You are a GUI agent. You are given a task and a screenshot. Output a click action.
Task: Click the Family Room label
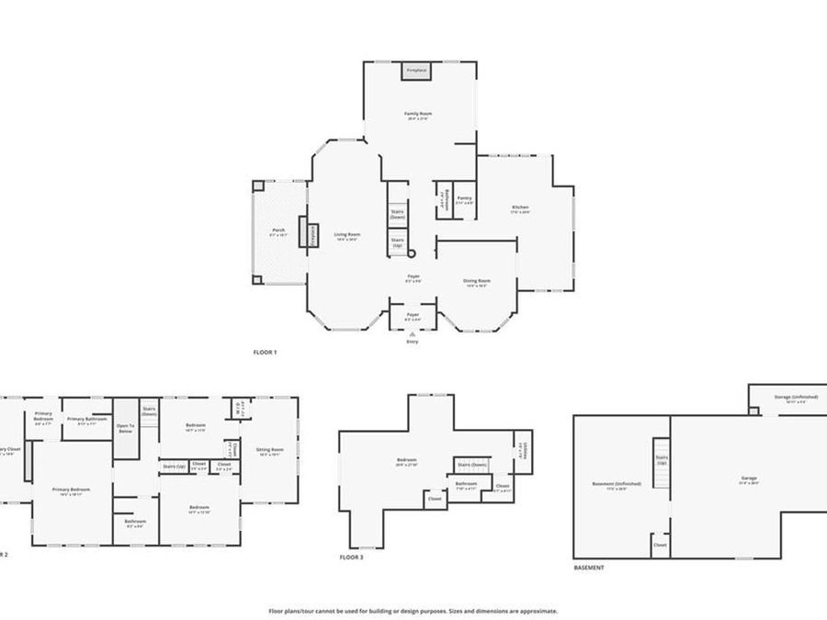[419, 114]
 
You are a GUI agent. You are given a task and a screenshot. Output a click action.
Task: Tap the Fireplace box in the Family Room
[416, 70]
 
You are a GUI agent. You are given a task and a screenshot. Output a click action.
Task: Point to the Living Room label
[346, 234]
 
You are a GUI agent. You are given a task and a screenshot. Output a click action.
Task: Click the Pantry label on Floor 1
[465, 198]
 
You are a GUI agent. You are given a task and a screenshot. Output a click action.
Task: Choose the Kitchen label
[520, 208]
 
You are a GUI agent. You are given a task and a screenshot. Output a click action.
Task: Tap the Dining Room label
[476, 281]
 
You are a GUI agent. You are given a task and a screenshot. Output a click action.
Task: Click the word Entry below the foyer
[412, 343]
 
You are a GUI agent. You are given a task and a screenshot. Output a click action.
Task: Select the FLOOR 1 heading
[265, 352]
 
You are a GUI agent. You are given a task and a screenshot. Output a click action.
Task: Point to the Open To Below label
[125, 427]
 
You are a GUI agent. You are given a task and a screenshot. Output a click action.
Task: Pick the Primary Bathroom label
[87, 419]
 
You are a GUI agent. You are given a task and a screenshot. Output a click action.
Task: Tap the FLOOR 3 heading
[351, 558]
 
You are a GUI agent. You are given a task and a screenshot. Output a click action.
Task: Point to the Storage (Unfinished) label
[796, 397]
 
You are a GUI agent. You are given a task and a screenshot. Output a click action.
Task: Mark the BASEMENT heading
[589, 568]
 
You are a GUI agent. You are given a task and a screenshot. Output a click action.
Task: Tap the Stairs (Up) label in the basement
[661, 457]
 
